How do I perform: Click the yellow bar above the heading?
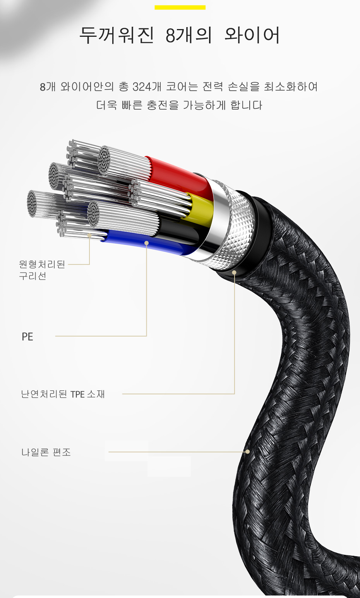coord(180,7)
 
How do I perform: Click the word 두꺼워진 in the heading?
coord(117,35)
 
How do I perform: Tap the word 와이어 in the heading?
coord(252,35)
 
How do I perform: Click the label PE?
coord(27,337)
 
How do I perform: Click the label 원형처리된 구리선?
coord(42,270)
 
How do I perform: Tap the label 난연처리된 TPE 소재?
coord(63,394)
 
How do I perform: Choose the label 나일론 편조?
coord(46,452)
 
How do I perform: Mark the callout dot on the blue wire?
coord(146,243)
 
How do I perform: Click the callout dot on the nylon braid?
coord(248,452)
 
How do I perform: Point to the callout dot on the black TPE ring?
coord(234,272)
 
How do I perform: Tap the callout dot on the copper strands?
coord(89,235)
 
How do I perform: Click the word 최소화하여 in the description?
coord(291,87)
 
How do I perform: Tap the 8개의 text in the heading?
coord(189,35)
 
